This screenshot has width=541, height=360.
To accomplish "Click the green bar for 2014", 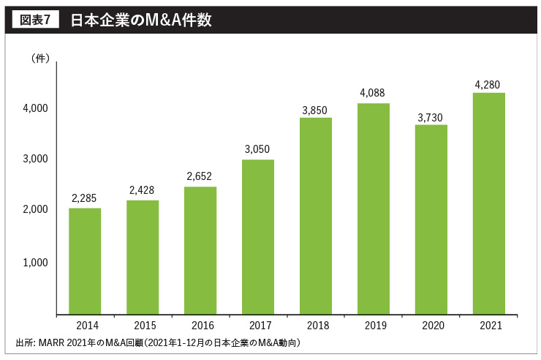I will coord(85,261).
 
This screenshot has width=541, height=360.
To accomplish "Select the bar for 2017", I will coord(258,237).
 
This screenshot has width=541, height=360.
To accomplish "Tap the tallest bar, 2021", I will coord(489,203).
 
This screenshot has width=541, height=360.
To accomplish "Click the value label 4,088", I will coord(373,93).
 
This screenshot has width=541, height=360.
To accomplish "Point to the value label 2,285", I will coord(84,198).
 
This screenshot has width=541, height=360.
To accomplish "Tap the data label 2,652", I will coord(200,176).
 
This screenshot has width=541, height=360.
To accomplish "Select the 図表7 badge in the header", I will coord(34,20).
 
